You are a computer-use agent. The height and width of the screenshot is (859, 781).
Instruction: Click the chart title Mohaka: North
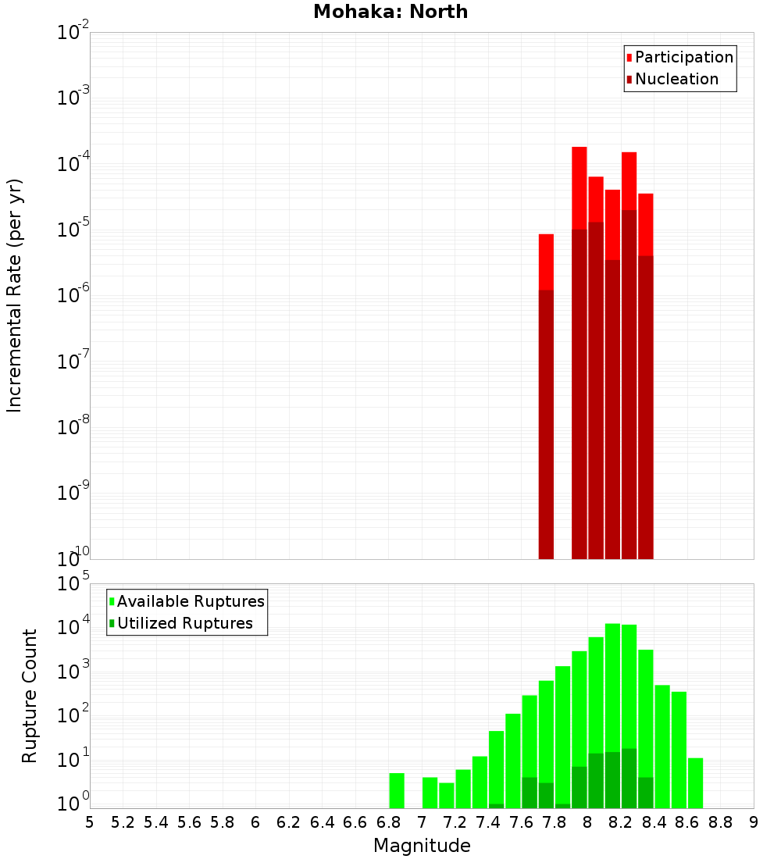pyautogui.click(x=390, y=12)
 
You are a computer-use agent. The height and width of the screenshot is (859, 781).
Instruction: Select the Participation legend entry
pyautogui.click(x=679, y=57)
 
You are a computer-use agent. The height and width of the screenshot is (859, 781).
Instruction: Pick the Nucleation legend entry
pyautogui.click(x=672, y=79)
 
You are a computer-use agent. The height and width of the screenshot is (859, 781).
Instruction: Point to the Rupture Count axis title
pyautogui.click(x=30, y=696)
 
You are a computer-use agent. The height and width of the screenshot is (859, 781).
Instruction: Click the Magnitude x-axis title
pyautogui.click(x=422, y=846)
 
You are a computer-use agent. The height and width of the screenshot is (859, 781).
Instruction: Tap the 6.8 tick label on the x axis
pyautogui.click(x=388, y=822)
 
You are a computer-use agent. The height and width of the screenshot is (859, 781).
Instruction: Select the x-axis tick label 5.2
pyautogui.click(x=123, y=822)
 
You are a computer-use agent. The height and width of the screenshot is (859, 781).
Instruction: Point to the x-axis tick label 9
pyautogui.click(x=754, y=822)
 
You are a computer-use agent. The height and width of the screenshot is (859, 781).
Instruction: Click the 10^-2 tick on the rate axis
pyautogui.click(x=73, y=33)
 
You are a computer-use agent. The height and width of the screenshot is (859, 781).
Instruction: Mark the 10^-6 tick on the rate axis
pyautogui.click(x=73, y=296)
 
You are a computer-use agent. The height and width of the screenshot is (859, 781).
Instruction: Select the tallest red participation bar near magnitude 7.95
pyautogui.click(x=579, y=187)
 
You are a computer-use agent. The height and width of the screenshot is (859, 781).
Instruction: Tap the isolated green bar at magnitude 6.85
pyautogui.click(x=397, y=790)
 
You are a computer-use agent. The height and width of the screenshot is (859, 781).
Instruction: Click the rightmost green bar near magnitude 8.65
pyautogui.click(x=695, y=782)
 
